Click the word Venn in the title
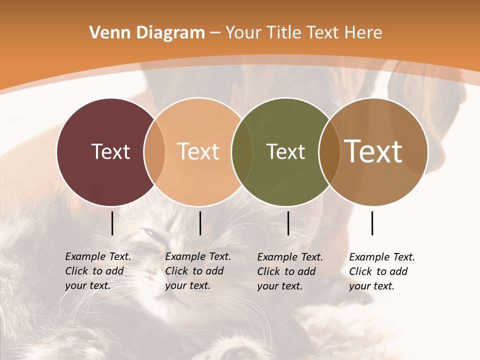[105, 33]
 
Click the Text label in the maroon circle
[110, 151]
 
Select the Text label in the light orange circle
[198, 151]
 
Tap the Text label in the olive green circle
[285, 151]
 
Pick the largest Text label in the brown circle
[373, 151]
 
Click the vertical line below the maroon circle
[112, 223]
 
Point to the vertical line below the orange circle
[200, 223]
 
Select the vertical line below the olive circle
[288, 223]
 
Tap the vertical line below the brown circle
[372, 223]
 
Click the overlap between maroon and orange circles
[154, 151]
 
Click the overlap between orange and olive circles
[241, 151]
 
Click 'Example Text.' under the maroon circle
[98, 256]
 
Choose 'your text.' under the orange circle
[187, 285]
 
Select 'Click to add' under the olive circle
[286, 271]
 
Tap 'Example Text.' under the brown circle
[382, 257]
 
